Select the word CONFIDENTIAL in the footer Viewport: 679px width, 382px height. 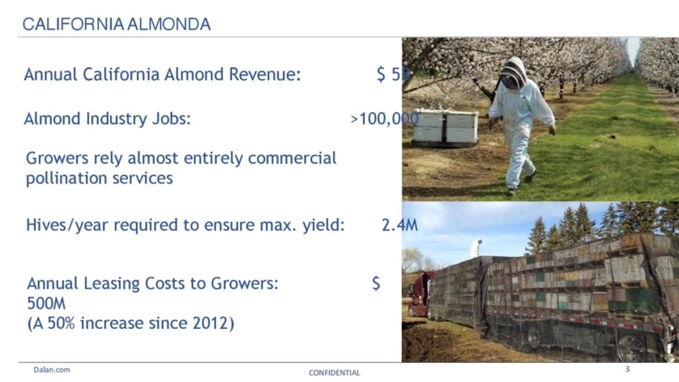(x=334, y=373)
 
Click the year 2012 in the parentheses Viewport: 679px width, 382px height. (x=210, y=323)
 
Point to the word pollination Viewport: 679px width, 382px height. (x=66, y=178)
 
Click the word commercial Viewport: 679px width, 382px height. (x=292, y=158)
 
